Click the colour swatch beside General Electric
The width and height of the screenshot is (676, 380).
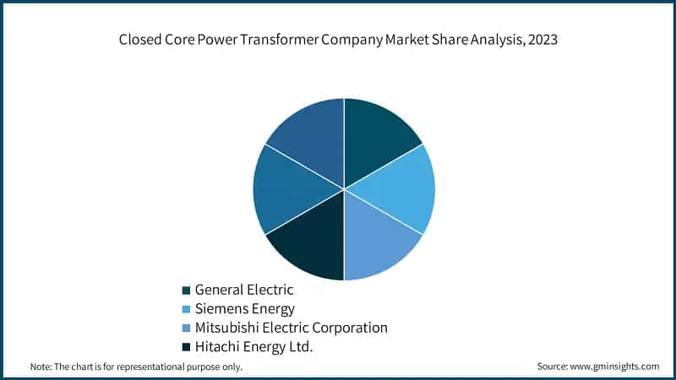(186, 290)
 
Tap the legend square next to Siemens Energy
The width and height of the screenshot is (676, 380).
(186, 309)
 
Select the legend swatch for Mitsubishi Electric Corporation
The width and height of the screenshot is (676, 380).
(186, 328)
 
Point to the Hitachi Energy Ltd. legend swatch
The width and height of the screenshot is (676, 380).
(186, 346)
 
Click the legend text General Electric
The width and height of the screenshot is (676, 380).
(244, 290)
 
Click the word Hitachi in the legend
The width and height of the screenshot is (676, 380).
(218, 346)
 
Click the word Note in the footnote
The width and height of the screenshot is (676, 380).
(41, 366)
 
